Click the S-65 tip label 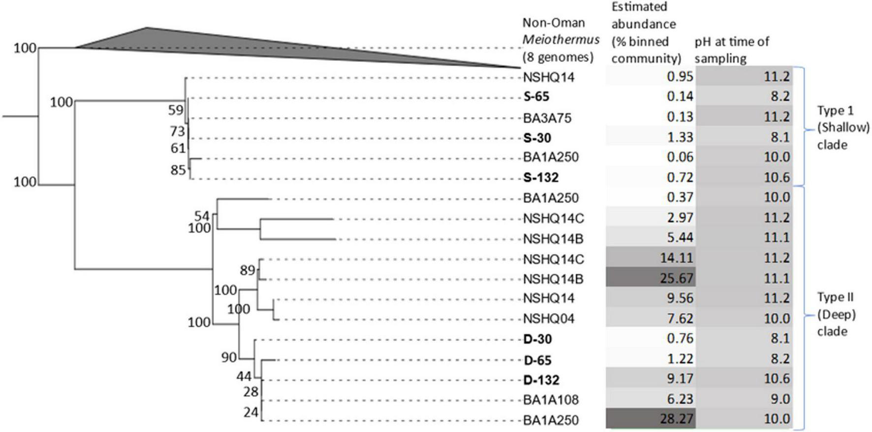point(536,97)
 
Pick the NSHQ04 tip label point(548,319)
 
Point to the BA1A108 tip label point(551,399)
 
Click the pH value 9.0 point(780,399)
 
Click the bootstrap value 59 point(176,110)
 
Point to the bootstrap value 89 point(248,270)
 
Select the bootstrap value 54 point(202,216)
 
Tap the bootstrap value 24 point(251,412)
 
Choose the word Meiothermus point(561,40)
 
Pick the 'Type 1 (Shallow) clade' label point(843,127)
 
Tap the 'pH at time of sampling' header point(732,50)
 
